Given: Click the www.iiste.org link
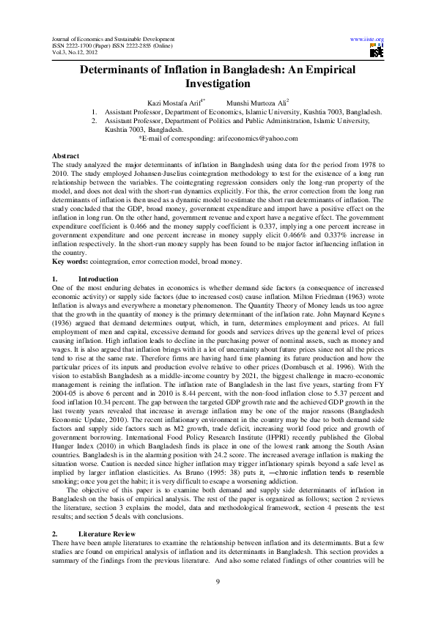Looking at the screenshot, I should (368, 38).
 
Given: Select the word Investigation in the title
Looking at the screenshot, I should (218, 84).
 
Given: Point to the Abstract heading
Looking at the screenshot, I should (67, 157).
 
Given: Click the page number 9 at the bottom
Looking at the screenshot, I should (218, 582).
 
